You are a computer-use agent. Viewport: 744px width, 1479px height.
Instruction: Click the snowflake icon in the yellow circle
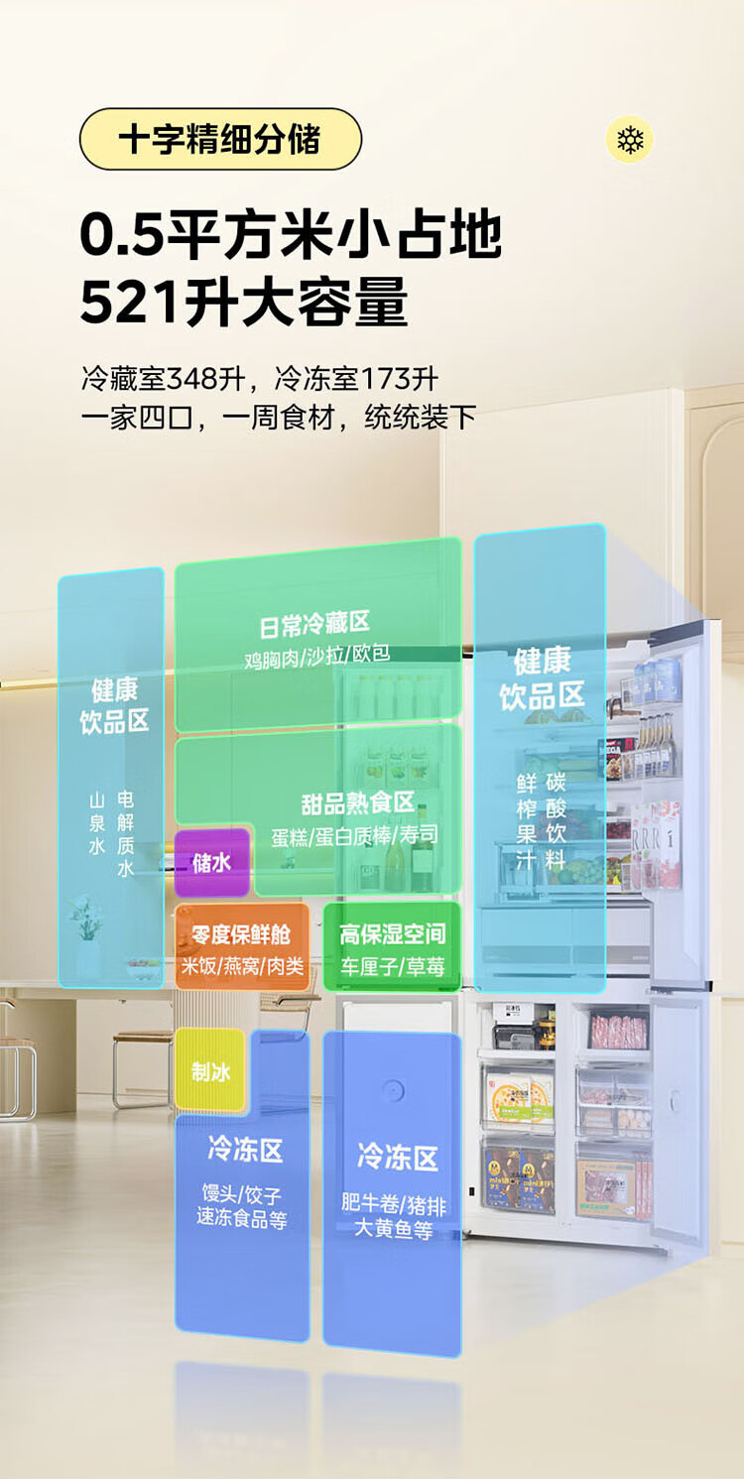point(629,139)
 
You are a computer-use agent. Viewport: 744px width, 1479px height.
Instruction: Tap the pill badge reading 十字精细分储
point(220,139)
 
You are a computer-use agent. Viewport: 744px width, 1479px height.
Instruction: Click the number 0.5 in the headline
point(121,236)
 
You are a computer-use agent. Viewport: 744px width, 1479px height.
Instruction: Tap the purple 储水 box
point(212,862)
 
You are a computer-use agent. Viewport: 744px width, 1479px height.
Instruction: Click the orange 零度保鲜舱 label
point(241,933)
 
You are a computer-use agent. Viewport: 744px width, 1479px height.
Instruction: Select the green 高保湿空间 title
point(393,933)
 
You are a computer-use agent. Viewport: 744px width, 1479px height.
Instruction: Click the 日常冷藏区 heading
point(314,624)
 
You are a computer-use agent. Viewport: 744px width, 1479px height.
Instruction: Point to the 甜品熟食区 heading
point(358,803)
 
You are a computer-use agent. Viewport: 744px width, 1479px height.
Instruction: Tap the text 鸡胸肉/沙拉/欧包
point(316,655)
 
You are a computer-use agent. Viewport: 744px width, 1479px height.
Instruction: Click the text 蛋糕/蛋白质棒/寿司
point(355,836)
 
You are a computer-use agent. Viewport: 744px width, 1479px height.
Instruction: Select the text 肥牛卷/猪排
point(394,1204)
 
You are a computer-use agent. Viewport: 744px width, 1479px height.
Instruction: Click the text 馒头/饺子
point(242,1193)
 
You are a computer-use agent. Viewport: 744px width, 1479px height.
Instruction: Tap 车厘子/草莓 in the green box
point(393,966)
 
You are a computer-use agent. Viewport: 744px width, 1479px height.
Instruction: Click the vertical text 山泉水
point(97,823)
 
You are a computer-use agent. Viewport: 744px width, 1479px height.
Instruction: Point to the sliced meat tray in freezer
point(618,1030)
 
